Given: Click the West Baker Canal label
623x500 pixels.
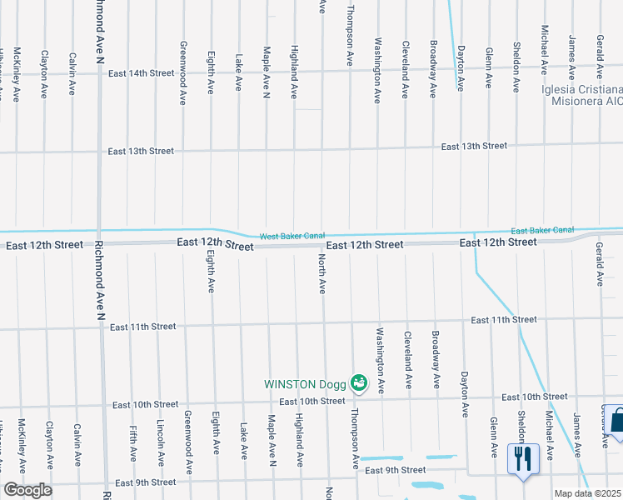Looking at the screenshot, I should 292,237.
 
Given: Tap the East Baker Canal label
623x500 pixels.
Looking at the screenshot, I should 542,230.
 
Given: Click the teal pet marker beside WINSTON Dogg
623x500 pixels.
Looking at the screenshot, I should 359,383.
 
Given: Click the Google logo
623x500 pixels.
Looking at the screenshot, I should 27,490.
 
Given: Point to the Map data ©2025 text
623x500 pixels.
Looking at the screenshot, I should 588,493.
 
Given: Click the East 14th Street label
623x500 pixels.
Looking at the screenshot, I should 140,73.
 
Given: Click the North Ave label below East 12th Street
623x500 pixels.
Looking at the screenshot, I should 321,275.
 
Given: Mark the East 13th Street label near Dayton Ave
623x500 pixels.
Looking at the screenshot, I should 474,146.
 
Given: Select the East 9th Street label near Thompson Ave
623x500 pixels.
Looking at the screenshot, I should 395,471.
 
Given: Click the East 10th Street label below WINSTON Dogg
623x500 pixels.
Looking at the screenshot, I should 312,401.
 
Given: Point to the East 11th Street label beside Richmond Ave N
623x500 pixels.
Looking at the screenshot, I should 142,327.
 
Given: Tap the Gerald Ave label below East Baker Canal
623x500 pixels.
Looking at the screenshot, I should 599,265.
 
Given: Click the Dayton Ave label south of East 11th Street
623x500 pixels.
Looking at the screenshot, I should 465,393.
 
